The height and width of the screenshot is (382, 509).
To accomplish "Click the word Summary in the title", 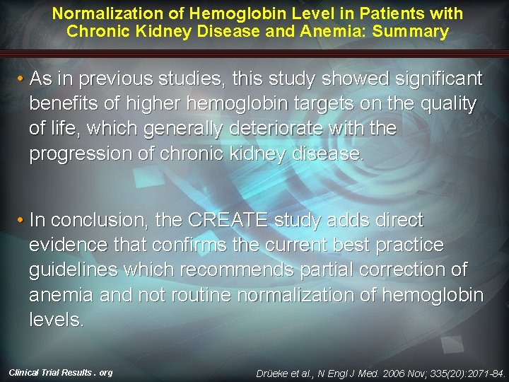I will click(416, 31).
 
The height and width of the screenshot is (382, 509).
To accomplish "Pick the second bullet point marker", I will click(21, 220).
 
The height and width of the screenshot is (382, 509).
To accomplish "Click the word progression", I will click(81, 154).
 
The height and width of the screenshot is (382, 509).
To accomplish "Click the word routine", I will click(172, 294).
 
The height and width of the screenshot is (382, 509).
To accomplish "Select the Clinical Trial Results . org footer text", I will click(61, 372).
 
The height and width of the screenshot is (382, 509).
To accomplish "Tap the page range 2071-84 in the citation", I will click(486, 372).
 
